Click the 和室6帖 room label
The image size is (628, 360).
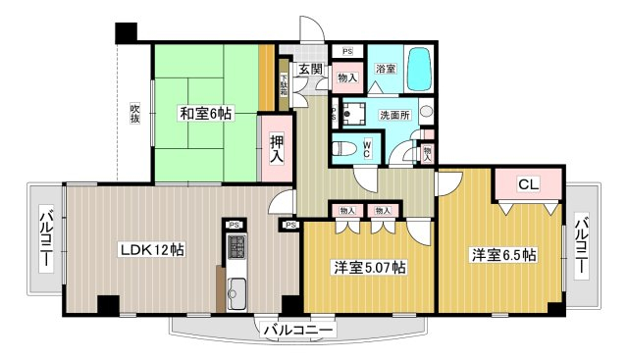point(205,114)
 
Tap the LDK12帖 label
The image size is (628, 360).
point(153,250)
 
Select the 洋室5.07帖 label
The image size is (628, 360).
point(370,268)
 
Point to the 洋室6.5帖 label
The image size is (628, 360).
point(504,255)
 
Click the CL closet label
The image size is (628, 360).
point(529,184)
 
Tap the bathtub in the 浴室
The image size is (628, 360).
point(420,70)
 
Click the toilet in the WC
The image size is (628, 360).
point(344,149)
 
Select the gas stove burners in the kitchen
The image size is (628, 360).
point(236,247)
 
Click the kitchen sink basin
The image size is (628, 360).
point(236,294)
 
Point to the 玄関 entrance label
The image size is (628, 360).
point(310,70)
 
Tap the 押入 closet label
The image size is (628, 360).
point(277,148)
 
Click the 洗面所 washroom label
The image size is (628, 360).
point(394,115)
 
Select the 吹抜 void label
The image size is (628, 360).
point(134,114)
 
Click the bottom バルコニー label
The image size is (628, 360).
point(298,331)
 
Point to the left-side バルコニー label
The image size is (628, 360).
point(46,236)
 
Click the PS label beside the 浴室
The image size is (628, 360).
point(347,51)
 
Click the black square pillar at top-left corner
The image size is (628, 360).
point(127,32)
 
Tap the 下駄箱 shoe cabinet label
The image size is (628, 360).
point(284,85)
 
